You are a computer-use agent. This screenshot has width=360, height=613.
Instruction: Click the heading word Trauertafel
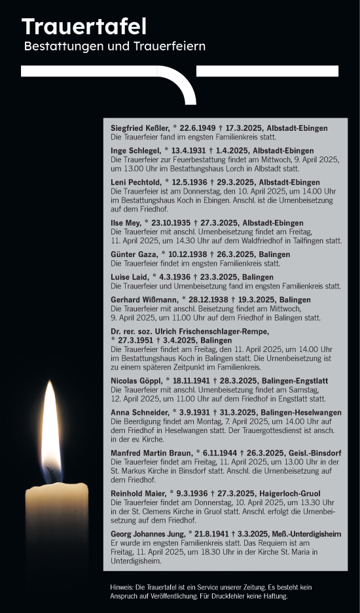(x=84, y=27)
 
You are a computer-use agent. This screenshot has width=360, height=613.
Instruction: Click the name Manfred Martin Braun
(x=151, y=453)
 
